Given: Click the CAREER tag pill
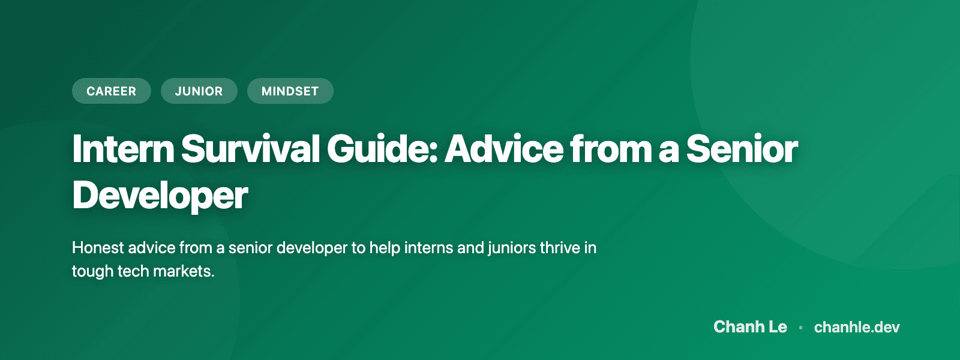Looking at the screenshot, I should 112,91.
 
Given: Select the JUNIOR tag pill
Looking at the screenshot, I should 199,91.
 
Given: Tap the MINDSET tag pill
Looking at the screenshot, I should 290,91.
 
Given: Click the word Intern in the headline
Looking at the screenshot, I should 123,149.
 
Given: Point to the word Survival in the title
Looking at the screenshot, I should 250,149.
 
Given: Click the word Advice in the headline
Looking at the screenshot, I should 504,149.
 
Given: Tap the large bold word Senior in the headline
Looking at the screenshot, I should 742,149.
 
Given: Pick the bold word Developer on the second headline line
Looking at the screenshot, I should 160,196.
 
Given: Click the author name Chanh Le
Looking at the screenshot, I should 750,327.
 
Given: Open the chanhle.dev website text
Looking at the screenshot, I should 857,327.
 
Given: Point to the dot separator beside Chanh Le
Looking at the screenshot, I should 800,328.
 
